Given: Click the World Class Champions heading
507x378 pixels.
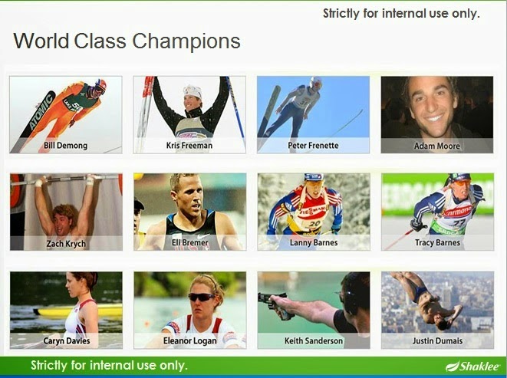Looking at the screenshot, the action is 127,41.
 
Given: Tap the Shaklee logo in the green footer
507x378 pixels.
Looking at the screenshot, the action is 472,366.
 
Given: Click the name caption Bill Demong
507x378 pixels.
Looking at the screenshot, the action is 66,146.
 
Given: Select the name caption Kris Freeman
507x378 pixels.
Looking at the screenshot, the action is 189,146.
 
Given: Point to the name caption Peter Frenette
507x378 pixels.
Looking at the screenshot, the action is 313,146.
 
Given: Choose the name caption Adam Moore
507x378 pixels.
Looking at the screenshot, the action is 437,146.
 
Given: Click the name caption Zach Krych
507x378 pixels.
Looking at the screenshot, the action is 66,244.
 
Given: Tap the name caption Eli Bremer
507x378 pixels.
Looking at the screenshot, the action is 189,242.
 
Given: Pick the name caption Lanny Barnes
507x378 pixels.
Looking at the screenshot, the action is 314,242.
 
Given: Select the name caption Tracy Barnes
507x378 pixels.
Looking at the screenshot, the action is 437,242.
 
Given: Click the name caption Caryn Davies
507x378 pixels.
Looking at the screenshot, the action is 67,341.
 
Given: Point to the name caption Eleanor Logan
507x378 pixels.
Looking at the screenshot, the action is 189,341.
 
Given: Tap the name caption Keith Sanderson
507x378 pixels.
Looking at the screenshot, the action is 314,341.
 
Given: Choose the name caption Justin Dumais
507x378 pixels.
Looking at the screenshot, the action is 437,341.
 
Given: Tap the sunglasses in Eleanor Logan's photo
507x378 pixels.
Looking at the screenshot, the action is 201,297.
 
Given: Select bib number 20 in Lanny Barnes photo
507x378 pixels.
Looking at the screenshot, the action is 314,224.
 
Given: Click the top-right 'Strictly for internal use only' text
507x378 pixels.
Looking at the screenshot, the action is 401,14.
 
